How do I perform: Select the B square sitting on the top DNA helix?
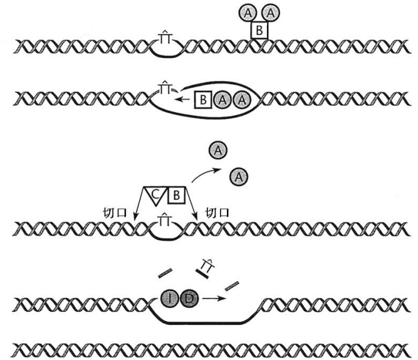[x=259, y=30]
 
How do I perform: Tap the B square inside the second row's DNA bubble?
[x=204, y=99]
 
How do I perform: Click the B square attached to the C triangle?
[x=177, y=196]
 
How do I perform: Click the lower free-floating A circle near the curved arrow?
[x=238, y=177]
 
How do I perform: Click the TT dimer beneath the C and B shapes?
[x=165, y=220]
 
